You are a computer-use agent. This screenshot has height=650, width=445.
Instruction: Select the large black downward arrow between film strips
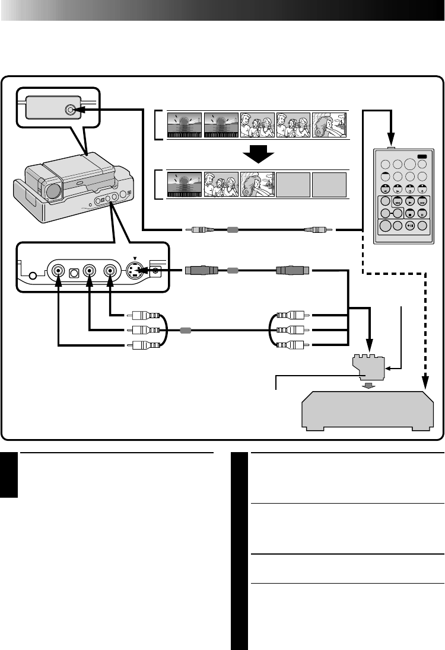pyautogui.click(x=258, y=155)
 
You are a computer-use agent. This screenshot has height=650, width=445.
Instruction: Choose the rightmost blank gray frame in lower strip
pyautogui.click(x=329, y=184)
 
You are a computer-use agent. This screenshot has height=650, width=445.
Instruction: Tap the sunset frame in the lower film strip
pyautogui.click(x=185, y=184)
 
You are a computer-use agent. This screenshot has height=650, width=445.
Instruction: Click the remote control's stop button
pyautogui.click(x=409, y=213)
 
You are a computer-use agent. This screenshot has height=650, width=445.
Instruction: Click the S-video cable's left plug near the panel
pyautogui.click(x=199, y=271)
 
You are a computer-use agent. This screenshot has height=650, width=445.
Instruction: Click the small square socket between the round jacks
pyautogui.click(x=74, y=272)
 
